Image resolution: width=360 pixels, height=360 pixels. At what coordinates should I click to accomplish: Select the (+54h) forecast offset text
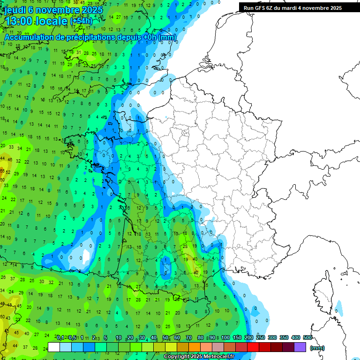click(x=81, y=21)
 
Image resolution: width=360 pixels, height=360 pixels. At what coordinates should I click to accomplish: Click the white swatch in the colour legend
click(x=54, y=347)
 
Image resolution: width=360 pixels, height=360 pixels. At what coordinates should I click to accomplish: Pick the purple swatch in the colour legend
click(x=300, y=347)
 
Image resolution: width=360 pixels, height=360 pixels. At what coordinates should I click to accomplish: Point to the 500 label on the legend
click(x=307, y=337)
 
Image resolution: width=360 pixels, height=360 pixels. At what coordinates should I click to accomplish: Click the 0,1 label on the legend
click(x=60, y=337)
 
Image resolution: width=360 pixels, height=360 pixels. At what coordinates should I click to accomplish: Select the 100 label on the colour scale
click(x=225, y=337)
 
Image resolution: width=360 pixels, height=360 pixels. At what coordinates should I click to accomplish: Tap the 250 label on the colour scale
click(x=260, y=337)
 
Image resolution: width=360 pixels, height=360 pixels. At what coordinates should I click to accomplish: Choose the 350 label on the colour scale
click(x=284, y=337)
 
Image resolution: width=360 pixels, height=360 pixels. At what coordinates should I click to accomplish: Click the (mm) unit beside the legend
click(x=317, y=348)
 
